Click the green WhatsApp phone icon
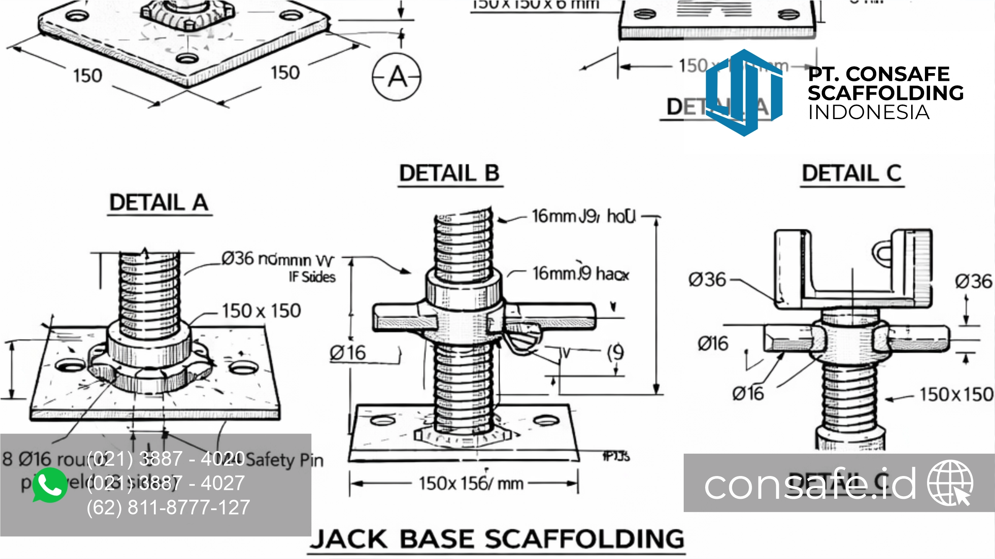click(50, 485)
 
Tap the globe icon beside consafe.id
click(950, 482)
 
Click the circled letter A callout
click(396, 77)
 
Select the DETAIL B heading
click(449, 174)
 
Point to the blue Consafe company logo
click(744, 92)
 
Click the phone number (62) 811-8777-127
click(168, 507)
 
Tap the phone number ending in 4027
click(166, 483)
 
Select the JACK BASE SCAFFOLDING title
click(497, 539)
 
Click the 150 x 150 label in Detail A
click(261, 311)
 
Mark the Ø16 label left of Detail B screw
click(347, 353)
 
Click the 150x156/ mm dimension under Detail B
click(471, 484)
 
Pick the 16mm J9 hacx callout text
click(580, 273)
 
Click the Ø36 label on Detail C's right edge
click(973, 282)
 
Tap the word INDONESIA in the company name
click(869, 113)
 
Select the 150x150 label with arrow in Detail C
click(956, 394)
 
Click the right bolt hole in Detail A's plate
click(243, 368)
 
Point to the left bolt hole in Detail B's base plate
click(383, 420)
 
